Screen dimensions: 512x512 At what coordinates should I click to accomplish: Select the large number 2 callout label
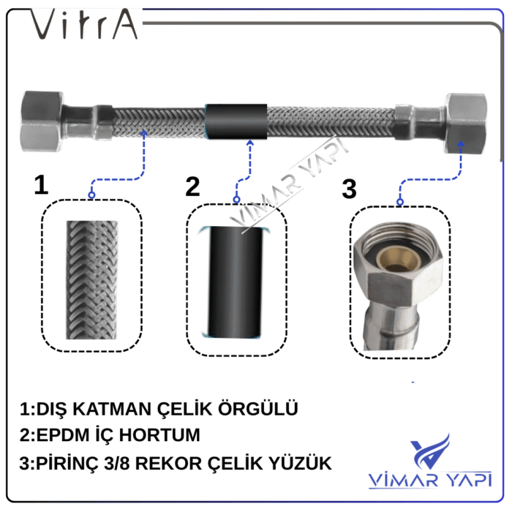(x=192, y=186)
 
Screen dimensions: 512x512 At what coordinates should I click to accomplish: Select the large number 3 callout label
(x=350, y=188)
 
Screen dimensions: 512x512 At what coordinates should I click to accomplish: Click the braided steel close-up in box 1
(x=91, y=278)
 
